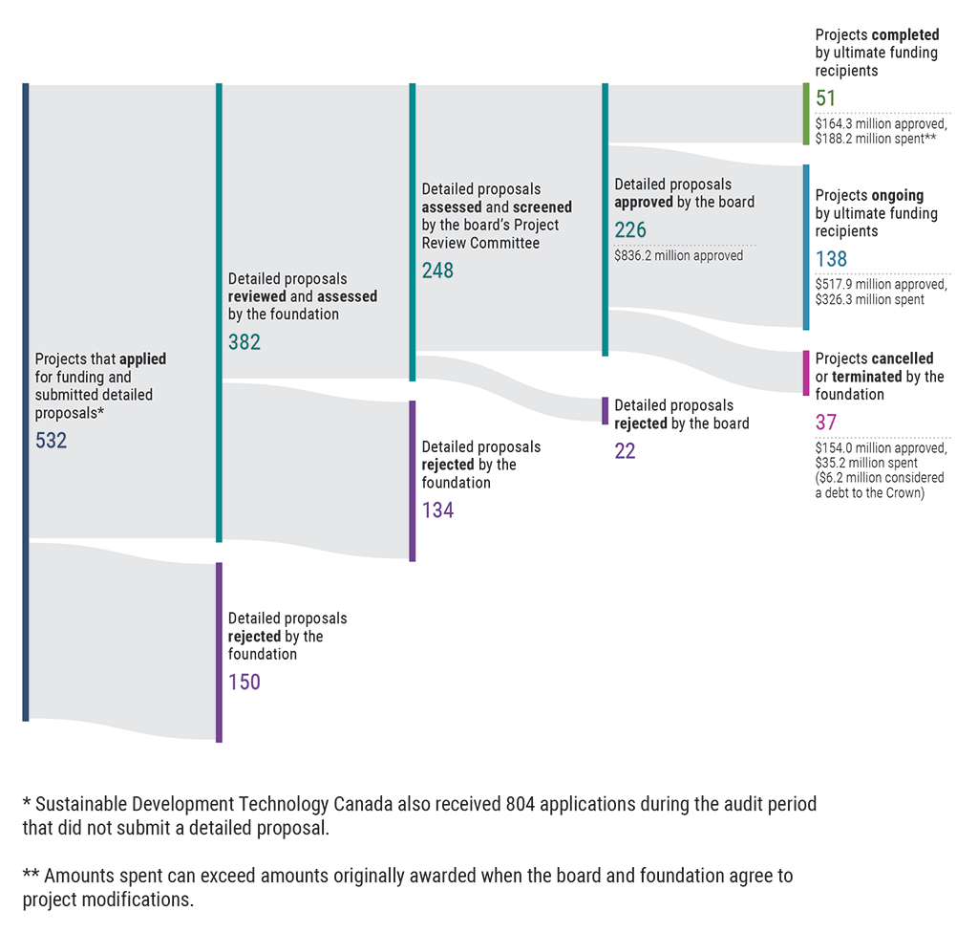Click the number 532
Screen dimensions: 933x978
tap(52, 441)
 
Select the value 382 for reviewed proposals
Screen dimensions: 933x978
tap(244, 341)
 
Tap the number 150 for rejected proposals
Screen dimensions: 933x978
tap(244, 682)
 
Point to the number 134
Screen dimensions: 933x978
tap(437, 510)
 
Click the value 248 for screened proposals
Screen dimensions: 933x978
tap(437, 271)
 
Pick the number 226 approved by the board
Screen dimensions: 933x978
tap(630, 229)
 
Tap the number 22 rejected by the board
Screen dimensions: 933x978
tap(625, 451)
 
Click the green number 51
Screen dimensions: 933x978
tap(825, 98)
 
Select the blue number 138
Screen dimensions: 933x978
tap(831, 259)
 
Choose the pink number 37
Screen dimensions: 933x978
tap(825, 422)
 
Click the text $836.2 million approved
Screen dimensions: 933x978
tap(678, 255)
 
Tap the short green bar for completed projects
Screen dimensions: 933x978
tap(806, 114)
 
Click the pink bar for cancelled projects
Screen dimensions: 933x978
tap(806, 373)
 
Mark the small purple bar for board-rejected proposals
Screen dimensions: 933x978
tap(605, 410)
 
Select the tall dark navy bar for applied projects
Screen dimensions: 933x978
tap(26, 401)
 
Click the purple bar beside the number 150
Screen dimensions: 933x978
tap(219, 652)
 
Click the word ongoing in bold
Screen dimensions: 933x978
tap(897, 195)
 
